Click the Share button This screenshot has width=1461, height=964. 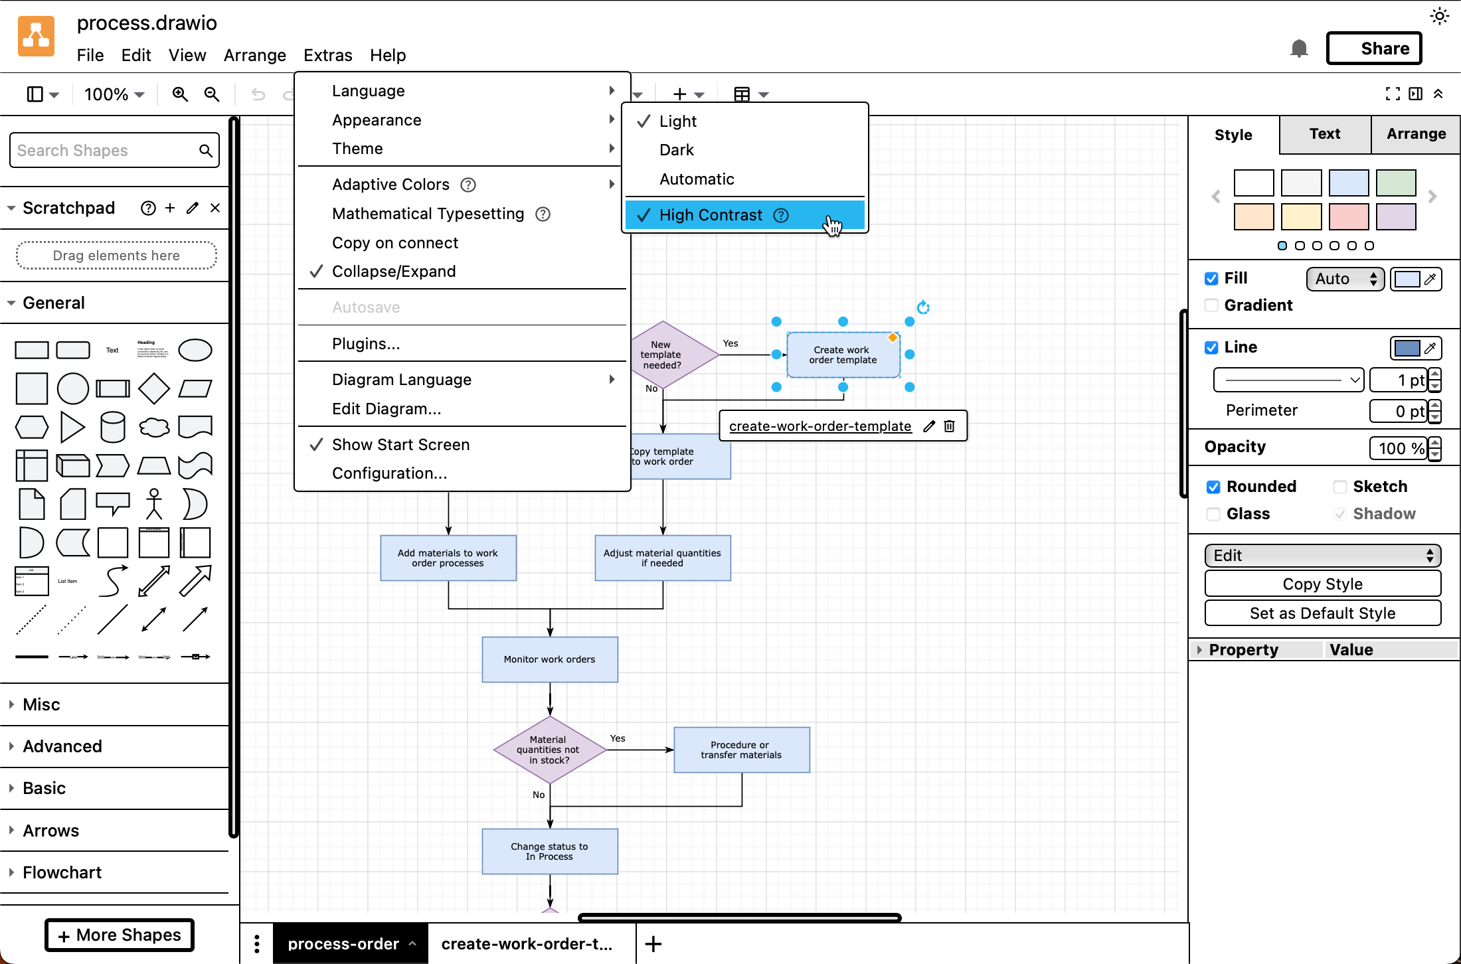click(x=1373, y=48)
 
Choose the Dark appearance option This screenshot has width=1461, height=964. click(x=676, y=150)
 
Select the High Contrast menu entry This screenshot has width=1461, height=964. click(x=711, y=215)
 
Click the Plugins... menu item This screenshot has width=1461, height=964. click(x=365, y=344)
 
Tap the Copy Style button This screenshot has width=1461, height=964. click(x=1322, y=584)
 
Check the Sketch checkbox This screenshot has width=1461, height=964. click(x=1340, y=487)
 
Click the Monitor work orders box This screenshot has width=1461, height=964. click(x=549, y=659)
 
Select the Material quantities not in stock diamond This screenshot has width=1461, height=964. click(x=549, y=750)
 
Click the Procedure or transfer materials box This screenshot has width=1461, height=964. click(x=741, y=750)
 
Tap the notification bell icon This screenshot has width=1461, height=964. click(x=1298, y=48)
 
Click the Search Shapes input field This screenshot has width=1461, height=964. click(x=106, y=151)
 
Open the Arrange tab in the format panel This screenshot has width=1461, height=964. click(x=1415, y=134)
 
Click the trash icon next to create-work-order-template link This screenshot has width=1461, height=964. click(x=949, y=426)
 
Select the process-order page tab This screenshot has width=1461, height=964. click(x=343, y=943)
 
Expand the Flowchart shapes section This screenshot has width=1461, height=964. click(x=62, y=872)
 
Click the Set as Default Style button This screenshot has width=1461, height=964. click(x=1322, y=613)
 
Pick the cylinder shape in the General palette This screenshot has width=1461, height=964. click(x=112, y=427)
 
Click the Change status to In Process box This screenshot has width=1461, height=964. click(x=549, y=851)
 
